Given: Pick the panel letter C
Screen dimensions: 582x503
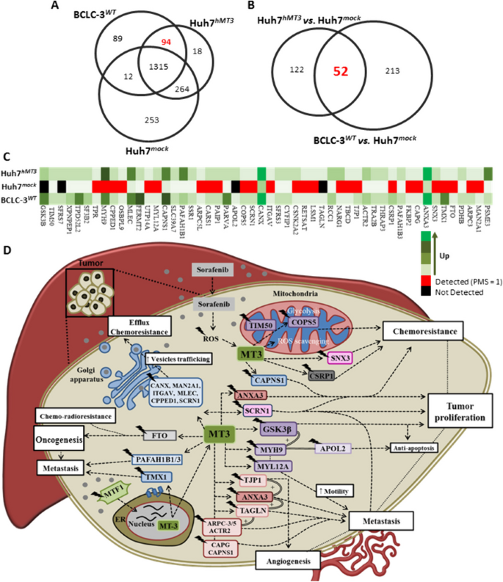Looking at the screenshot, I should (7, 156).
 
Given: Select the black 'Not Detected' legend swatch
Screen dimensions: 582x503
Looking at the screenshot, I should (426, 293).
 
